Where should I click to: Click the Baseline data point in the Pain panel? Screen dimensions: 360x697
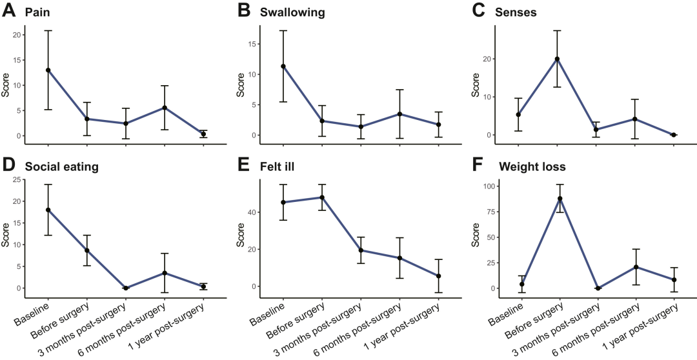[x=48, y=70]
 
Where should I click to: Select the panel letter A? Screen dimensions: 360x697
[x=9, y=11]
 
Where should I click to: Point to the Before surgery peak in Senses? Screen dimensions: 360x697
[x=557, y=59]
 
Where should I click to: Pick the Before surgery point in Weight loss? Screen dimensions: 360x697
[x=560, y=199]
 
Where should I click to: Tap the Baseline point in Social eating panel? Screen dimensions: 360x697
[x=48, y=210]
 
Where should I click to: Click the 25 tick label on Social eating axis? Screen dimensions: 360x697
[x=15, y=179]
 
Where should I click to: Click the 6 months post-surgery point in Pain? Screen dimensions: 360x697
[x=165, y=108]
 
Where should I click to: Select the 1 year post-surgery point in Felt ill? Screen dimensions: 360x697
[x=438, y=276]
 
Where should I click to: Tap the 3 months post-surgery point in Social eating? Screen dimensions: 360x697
[x=126, y=288]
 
